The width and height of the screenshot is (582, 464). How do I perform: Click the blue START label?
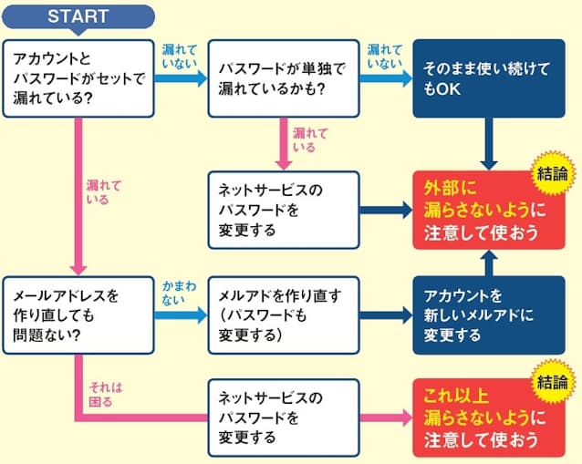(x=78, y=16)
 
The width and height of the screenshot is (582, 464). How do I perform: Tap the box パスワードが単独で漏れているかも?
(x=283, y=77)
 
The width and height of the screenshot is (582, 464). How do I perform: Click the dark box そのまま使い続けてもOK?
(x=488, y=77)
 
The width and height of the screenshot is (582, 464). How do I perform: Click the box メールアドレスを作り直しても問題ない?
(x=78, y=314)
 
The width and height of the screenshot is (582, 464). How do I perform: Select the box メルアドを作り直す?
(x=283, y=314)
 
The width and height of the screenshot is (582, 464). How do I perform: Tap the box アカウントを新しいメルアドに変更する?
(x=488, y=314)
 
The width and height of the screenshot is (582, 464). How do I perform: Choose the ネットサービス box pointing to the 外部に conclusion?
(x=283, y=210)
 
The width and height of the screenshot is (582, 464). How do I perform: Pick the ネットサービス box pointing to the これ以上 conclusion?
(x=283, y=418)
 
